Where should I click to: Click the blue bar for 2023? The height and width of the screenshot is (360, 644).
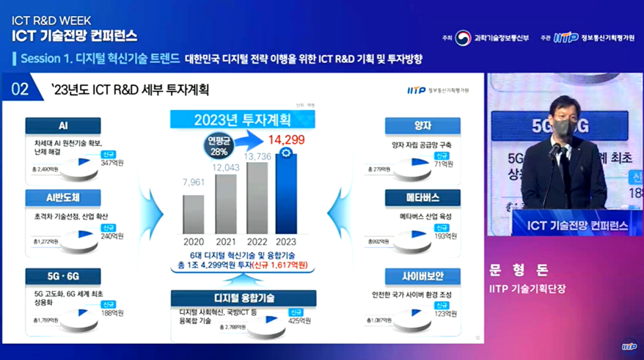pos(286,194)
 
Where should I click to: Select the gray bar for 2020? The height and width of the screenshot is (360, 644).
pos(193,214)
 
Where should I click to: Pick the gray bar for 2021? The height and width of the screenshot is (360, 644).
pos(225,204)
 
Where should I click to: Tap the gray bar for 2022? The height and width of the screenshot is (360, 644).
pos(257,198)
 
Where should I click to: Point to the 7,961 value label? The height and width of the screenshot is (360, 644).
pos(194,182)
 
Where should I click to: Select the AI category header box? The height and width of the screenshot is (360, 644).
pos(62,125)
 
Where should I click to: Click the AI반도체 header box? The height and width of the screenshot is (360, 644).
pos(62,198)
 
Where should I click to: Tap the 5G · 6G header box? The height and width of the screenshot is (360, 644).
pos(62,276)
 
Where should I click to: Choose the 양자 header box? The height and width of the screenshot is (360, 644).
pos(422,125)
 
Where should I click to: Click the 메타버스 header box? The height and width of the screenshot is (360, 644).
pos(422,198)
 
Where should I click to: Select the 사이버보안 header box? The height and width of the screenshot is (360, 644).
pos(422,276)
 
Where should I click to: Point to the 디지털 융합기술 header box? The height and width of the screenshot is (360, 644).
pos(244,298)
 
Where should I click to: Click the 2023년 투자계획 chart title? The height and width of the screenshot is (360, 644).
pos(244,120)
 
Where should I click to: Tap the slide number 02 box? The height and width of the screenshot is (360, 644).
pos(21,89)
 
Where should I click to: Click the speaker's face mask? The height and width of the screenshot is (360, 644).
pos(561,127)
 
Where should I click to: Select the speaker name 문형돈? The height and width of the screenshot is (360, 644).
pos(519,271)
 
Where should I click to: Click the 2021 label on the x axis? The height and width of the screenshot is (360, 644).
pos(225,240)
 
